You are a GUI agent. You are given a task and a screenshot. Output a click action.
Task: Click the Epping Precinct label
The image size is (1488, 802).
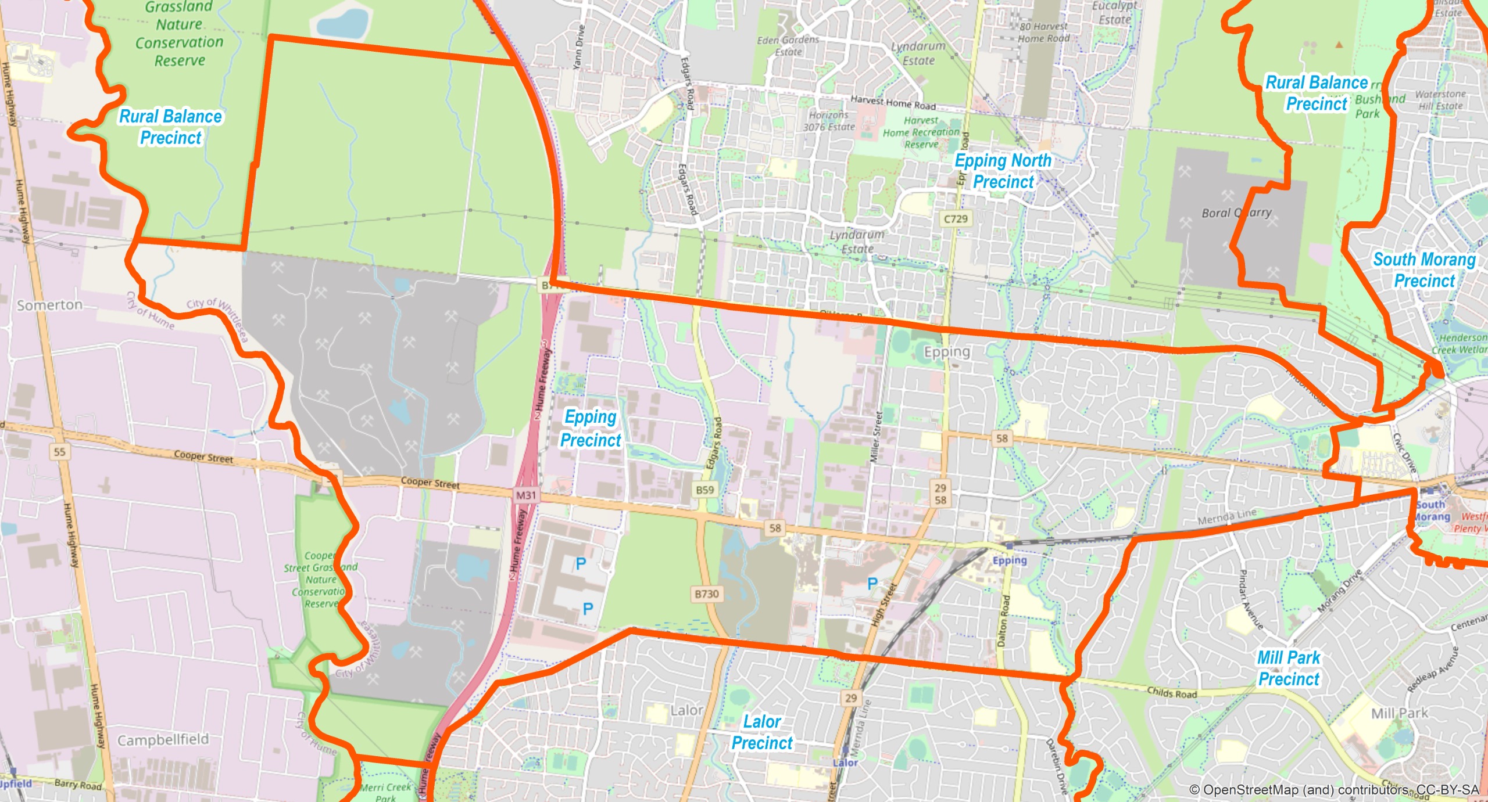(x=591, y=429)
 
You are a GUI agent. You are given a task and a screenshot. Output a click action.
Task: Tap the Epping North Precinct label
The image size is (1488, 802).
(x=1003, y=171)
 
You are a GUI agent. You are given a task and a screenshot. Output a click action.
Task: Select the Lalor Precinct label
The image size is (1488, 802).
(x=762, y=732)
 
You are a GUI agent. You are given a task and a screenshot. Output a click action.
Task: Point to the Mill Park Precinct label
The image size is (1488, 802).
(x=1289, y=668)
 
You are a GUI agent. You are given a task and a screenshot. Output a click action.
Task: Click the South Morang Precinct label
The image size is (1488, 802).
(x=1424, y=270)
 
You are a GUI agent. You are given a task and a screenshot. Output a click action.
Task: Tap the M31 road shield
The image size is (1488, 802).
(x=526, y=495)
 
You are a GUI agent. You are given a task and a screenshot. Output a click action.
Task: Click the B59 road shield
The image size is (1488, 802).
(x=704, y=490)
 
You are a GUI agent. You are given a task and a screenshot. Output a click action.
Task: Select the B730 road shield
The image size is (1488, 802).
(x=707, y=594)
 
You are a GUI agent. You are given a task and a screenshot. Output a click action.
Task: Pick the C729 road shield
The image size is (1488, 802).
(x=956, y=219)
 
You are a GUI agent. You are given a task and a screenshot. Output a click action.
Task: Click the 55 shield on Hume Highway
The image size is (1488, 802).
(x=59, y=451)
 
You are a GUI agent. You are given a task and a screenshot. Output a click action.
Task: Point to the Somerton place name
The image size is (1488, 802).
(x=49, y=305)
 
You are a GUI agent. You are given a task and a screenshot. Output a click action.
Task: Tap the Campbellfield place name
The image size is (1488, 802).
(x=163, y=739)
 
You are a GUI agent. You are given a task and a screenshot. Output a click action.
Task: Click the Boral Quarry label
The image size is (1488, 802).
(x=1236, y=213)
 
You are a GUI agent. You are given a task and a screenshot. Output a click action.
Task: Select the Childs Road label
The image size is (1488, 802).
(x=1172, y=693)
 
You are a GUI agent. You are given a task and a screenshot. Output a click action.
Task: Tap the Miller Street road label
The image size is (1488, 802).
(x=876, y=437)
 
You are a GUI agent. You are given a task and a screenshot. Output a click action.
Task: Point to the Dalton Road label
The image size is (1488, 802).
(x=1004, y=621)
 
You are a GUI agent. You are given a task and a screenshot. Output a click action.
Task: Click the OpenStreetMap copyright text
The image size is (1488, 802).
(x=1333, y=790)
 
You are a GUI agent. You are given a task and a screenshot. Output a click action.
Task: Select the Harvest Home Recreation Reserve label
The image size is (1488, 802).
(x=921, y=132)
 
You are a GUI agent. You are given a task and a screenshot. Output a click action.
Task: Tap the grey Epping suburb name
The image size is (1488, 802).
(x=947, y=352)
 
